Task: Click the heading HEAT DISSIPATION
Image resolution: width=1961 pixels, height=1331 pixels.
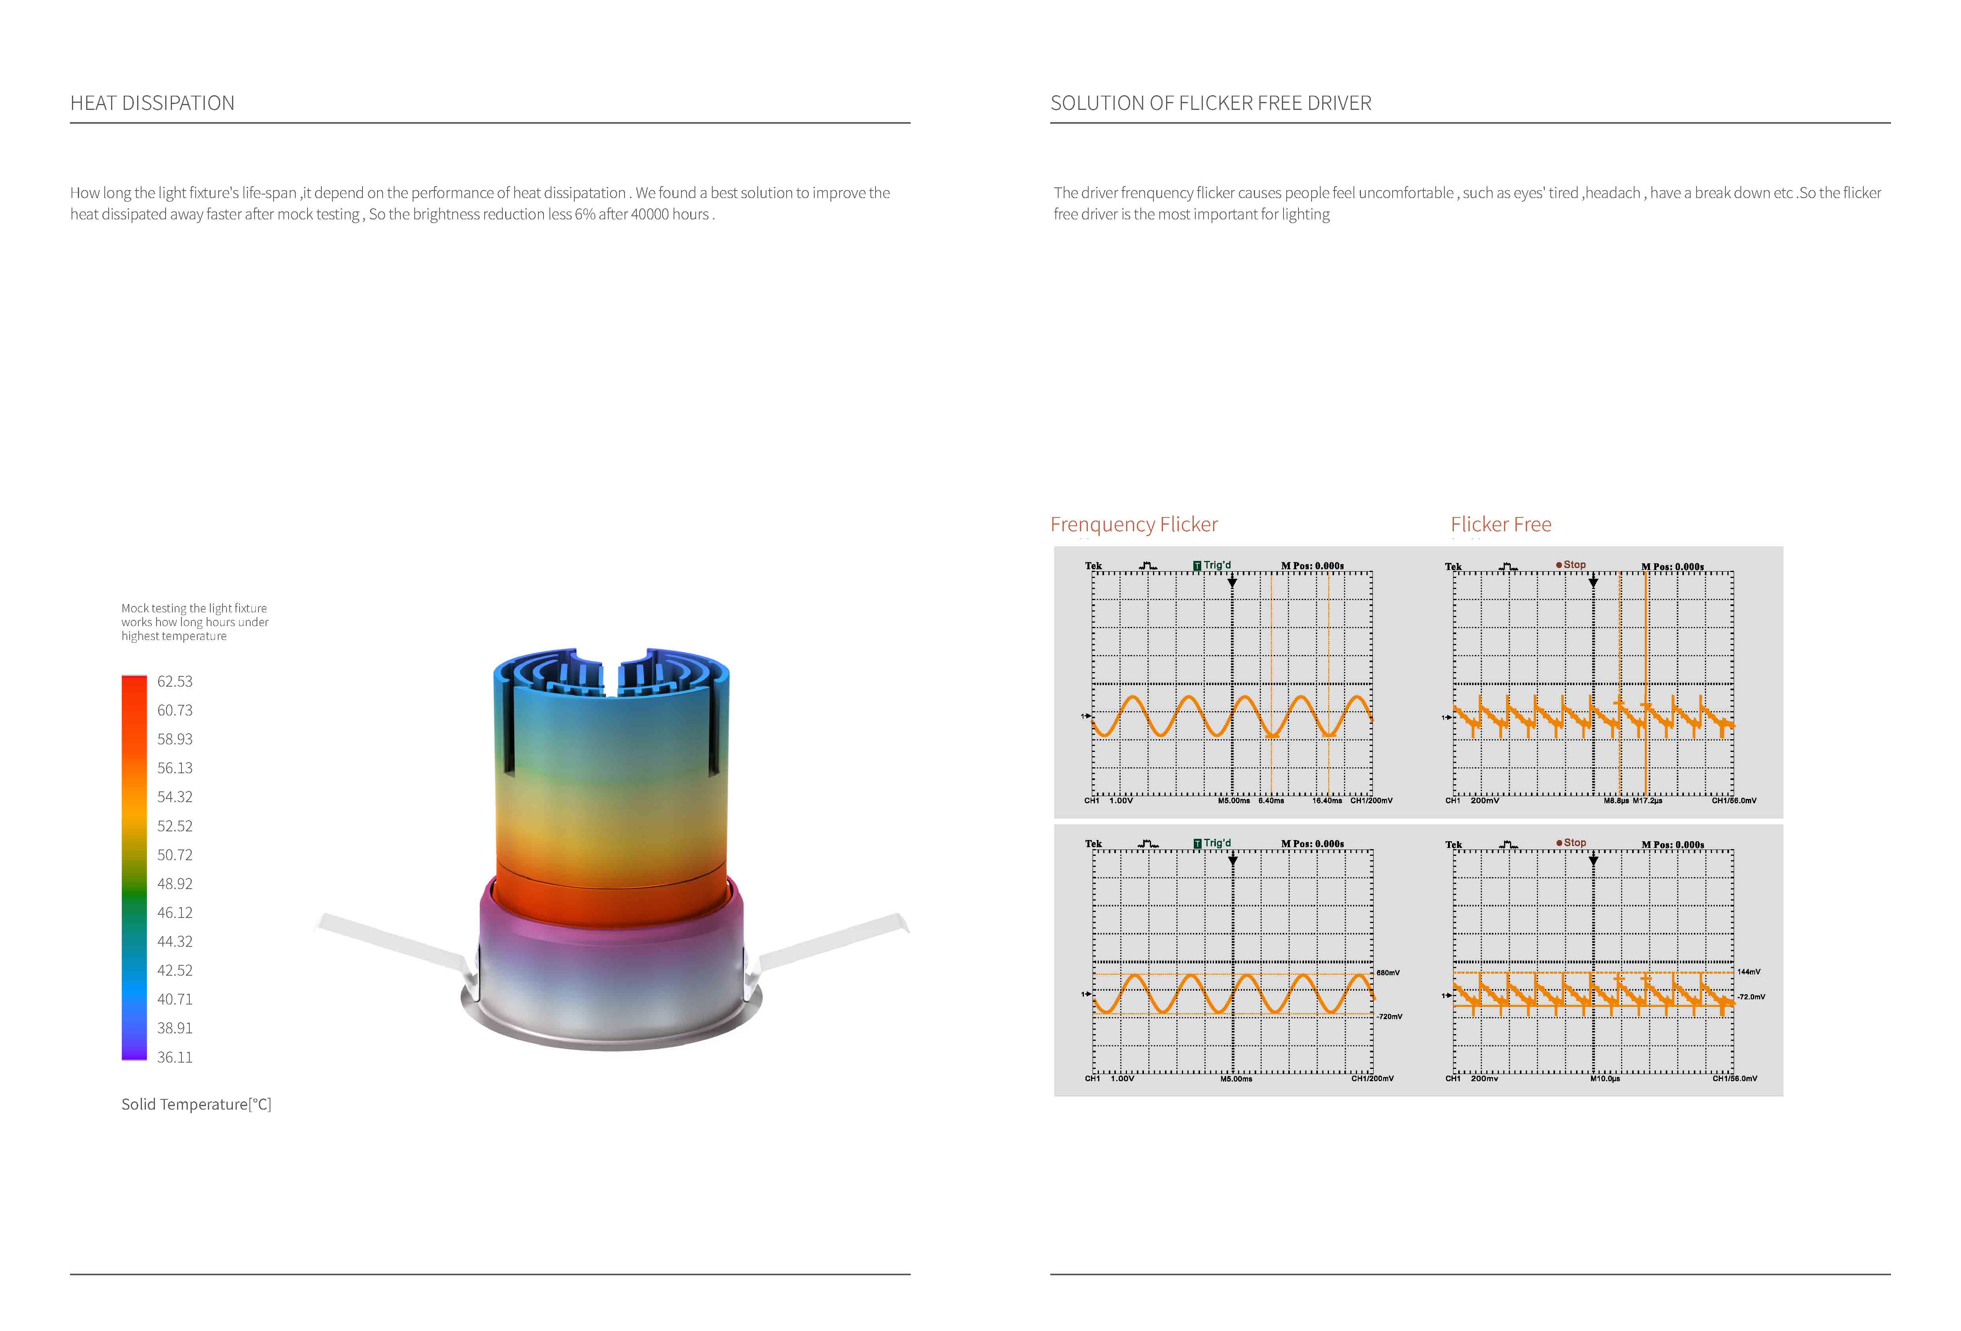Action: (x=152, y=103)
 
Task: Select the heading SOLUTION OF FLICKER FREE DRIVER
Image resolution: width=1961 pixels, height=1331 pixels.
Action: (x=1211, y=103)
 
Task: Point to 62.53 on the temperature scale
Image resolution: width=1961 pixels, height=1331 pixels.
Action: (x=175, y=681)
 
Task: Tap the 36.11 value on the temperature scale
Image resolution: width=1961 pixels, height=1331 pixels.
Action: (x=175, y=1057)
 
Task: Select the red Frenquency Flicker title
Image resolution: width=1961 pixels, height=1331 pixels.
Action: (x=1134, y=524)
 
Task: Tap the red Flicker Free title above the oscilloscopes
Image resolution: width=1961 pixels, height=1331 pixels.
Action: (x=1501, y=524)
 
